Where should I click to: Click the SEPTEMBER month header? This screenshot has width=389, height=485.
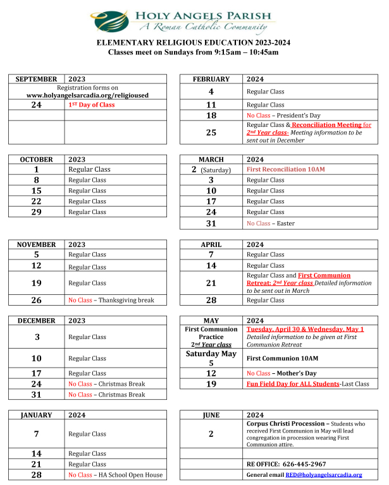[x=36, y=79]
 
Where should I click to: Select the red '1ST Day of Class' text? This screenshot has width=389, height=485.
[x=92, y=105]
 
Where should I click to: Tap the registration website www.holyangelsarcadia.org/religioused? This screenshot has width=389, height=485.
[x=87, y=95]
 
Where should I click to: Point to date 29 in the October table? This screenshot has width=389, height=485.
[x=36, y=212]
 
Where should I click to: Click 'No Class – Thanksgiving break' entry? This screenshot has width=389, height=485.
[x=111, y=300]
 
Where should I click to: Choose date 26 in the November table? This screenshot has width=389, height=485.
[x=36, y=300]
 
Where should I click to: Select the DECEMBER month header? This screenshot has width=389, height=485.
[x=36, y=321]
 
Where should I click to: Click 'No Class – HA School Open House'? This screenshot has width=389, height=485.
[x=115, y=475]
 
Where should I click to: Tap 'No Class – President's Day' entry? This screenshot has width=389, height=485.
[x=283, y=116]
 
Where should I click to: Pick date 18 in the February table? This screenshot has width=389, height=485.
[x=211, y=116]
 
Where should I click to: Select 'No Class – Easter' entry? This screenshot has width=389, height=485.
[x=270, y=223]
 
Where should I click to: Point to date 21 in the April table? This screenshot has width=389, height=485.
[x=211, y=283]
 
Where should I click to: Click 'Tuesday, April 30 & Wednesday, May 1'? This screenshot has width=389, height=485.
[x=305, y=329]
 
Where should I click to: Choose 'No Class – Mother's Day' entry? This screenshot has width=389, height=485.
[x=282, y=373]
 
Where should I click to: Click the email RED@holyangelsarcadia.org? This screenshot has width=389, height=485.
[x=323, y=475]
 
